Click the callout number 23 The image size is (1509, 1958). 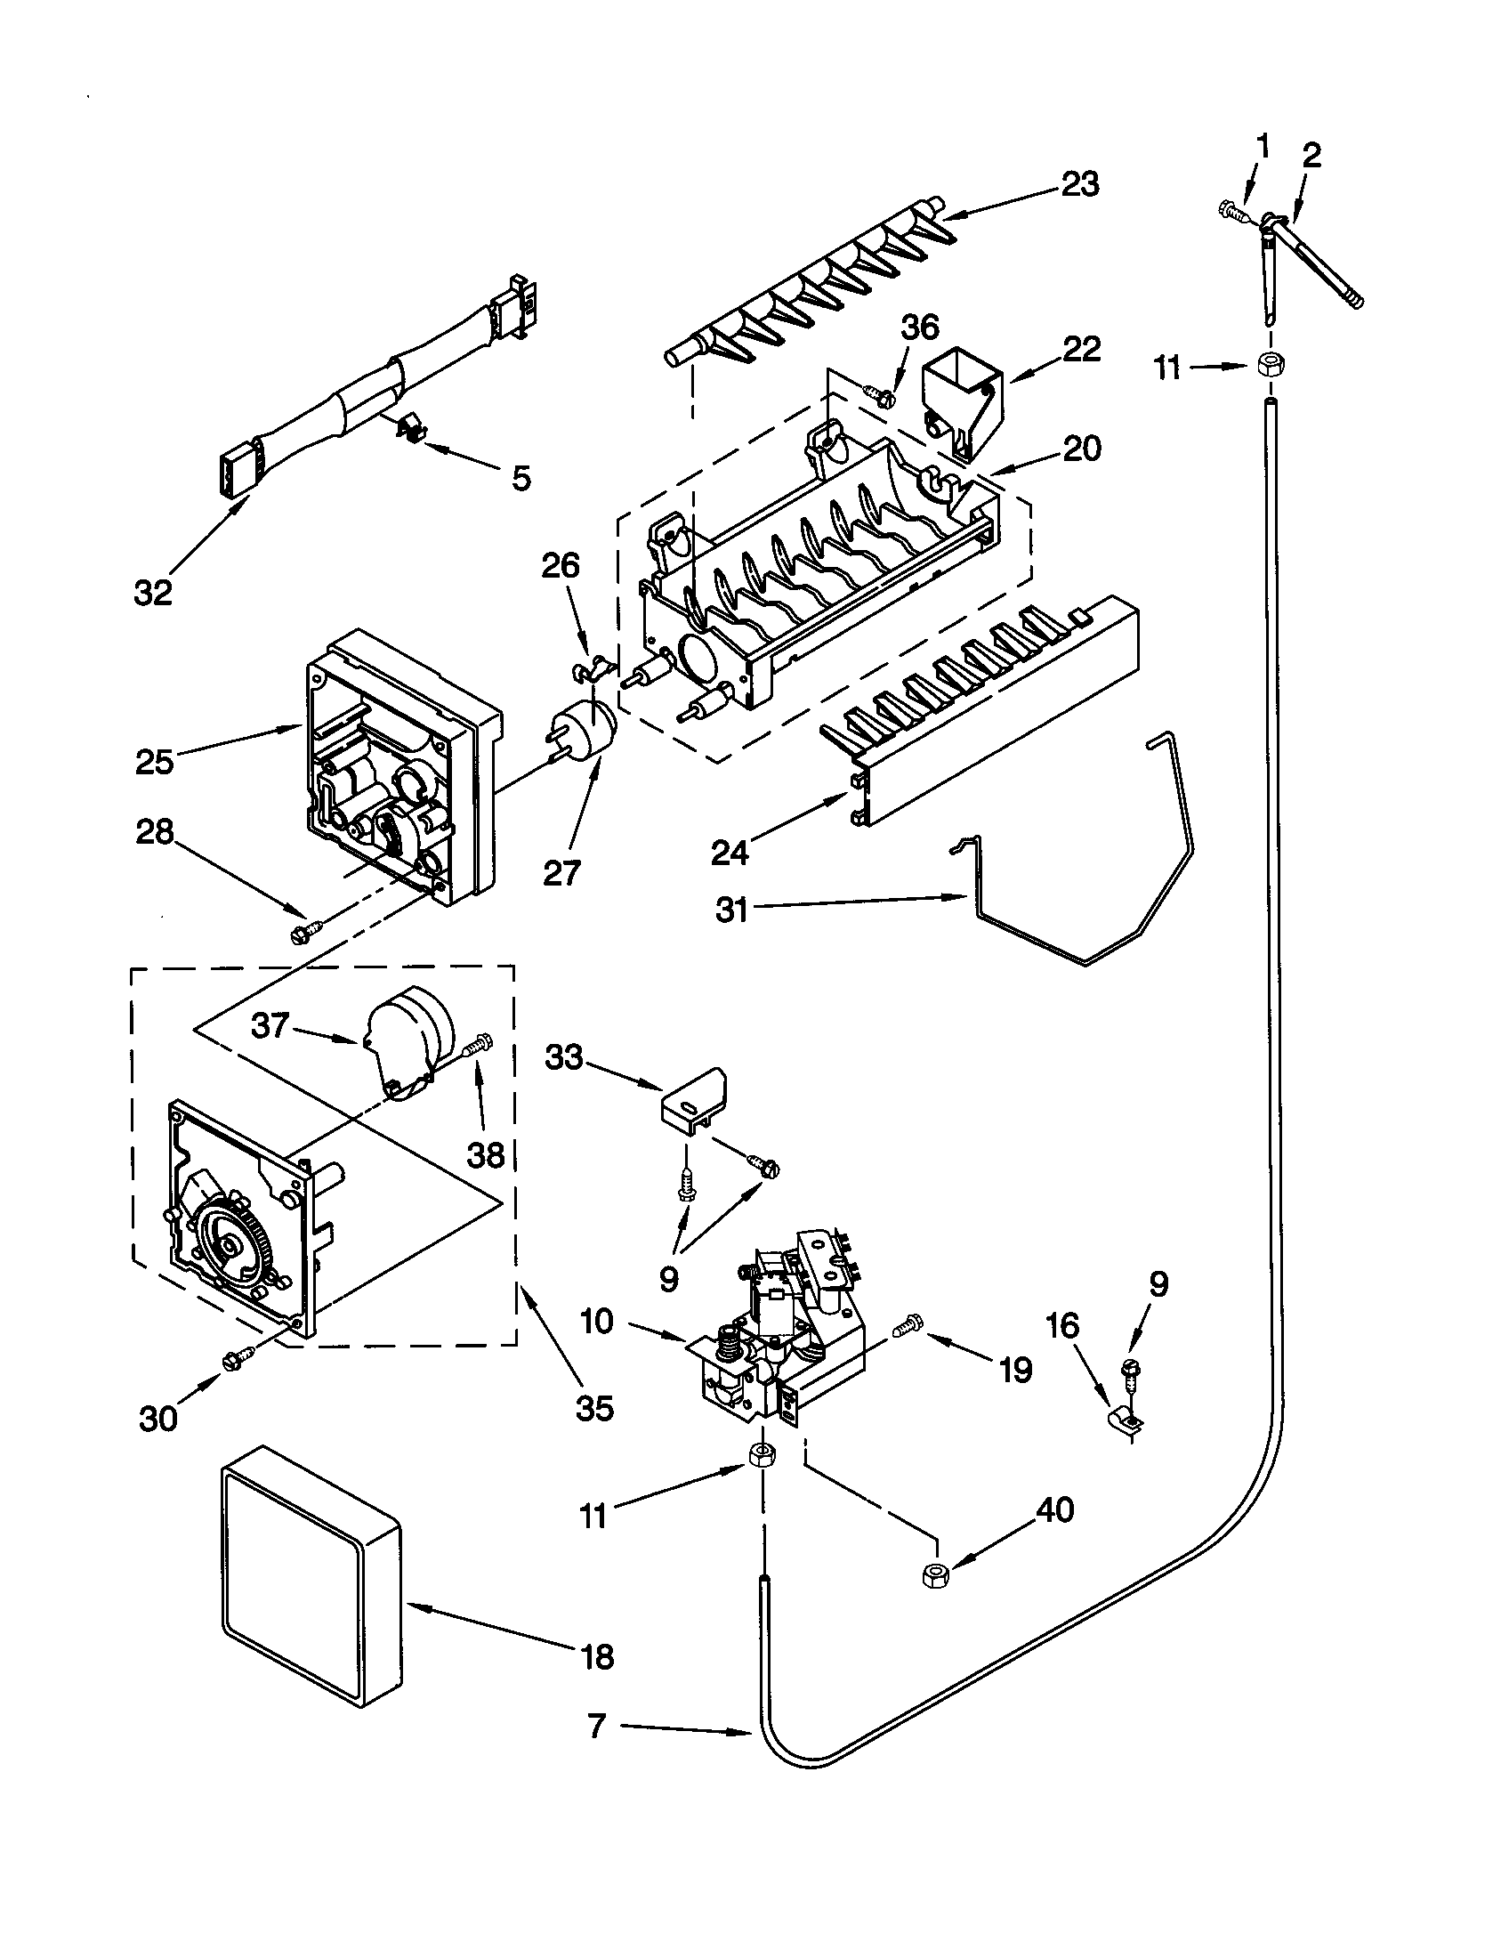point(1080,185)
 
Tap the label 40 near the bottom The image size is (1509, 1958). point(1054,1509)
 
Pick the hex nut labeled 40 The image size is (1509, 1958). point(934,1574)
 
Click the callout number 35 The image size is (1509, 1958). point(593,1408)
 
